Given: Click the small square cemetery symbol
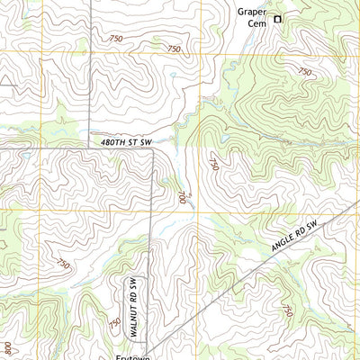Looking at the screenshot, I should (x=278, y=18).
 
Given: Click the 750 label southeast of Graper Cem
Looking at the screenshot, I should (x=305, y=71).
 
